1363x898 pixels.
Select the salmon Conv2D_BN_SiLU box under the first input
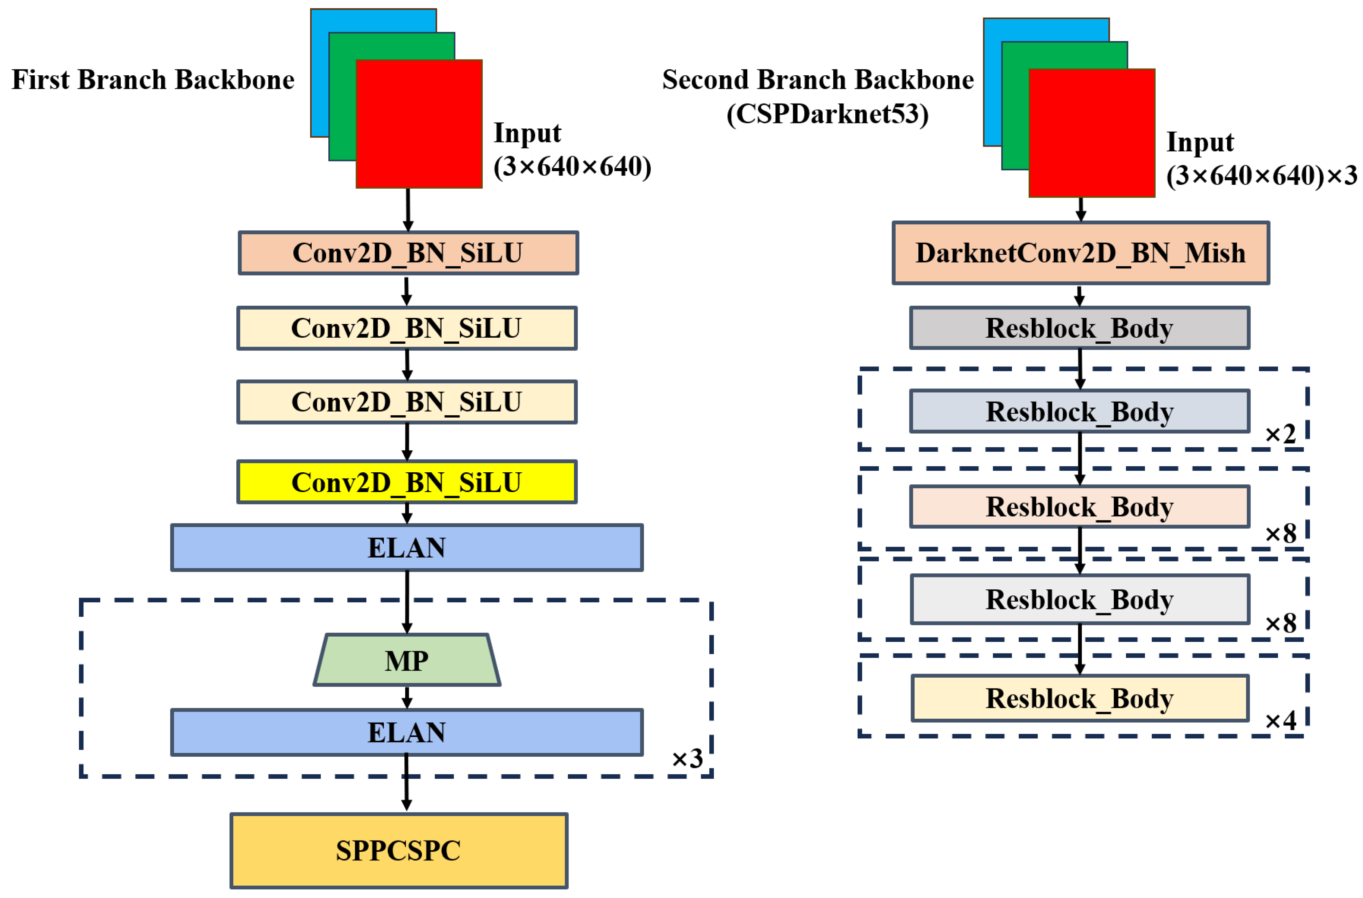pyautogui.click(x=408, y=253)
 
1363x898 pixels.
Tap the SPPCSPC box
pyautogui.click(x=398, y=850)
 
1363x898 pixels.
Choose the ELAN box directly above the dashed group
pyautogui.click(x=407, y=548)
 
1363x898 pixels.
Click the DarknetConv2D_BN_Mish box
pyautogui.click(x=1080, y=253)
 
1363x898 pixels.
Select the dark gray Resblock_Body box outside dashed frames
pyautogui.click(x=1079, y=328)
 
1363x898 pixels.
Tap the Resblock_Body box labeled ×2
pyautogui.click(x=1079, y=411)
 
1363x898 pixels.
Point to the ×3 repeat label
pyautogui.click(x=687, y=759)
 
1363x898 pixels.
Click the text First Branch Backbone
pyautogui.click(x=153, y=80)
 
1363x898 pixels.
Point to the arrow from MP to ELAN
pyautogui.click(x=407, y=697)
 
